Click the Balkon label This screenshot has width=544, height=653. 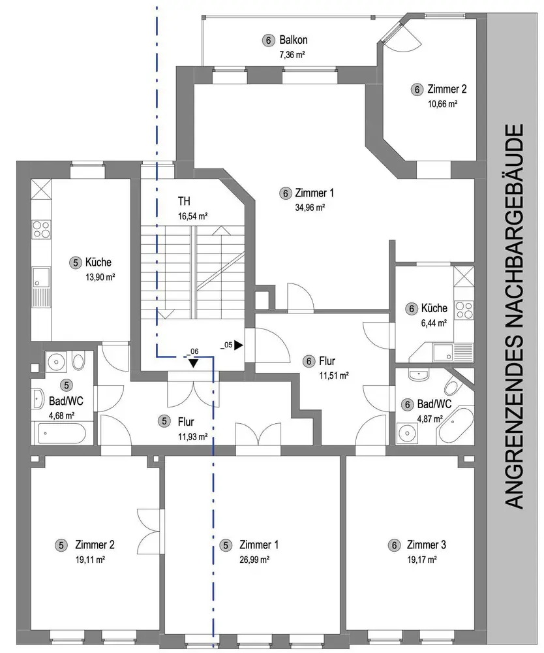pyautogui.click(x=294, y=40)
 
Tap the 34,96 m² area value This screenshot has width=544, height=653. pyautogui.click(x=310, y=207)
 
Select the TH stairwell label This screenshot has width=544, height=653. pyautogui.click(x=184, y=201)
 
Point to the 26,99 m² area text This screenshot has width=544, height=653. pyautogui.click(x=254, y=560)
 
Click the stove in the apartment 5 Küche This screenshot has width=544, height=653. pyautogui.click(x=42, y=229)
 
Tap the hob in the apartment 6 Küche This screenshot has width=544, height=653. pyautogui.click(x=464, y=310)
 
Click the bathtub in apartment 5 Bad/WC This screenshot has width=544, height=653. pyautogui.click(x=61, y=434)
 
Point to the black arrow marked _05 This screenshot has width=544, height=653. pyautogui.click(x=238, y=345)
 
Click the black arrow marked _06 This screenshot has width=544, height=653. pyautogui.click(x=193, y=362)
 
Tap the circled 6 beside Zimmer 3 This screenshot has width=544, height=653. pyautogui.click(x=394, y=545)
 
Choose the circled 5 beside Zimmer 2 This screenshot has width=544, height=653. pyautogui.click(x=61, y=545)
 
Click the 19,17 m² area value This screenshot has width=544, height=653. pyautogui.click(x=422, y=560)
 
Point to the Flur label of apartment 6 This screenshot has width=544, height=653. pyautogui.click(x=327, y=360)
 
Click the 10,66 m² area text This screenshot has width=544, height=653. pyautogui.click(x=442, y=104)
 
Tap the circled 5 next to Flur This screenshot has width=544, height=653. pyautogui.click(x=164, y=421)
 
